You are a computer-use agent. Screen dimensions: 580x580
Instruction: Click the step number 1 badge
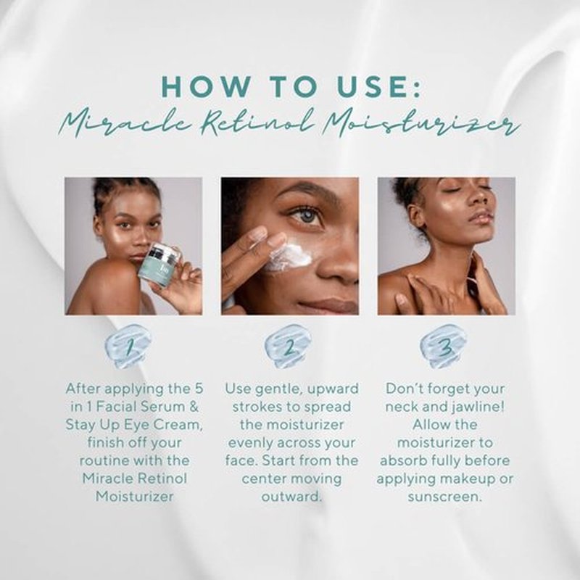(x=128, y=347)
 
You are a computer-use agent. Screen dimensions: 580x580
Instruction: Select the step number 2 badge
(x=288, y=347)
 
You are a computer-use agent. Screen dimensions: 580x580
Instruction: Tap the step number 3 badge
(x=444, y=347)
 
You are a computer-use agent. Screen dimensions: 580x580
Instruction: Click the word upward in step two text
(x=333, y=389)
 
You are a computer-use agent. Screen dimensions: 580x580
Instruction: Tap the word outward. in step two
(x=291, y=497)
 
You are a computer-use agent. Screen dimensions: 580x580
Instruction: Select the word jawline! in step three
(x=478, y=407)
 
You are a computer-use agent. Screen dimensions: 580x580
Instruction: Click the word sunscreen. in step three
(x=445, y=497)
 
